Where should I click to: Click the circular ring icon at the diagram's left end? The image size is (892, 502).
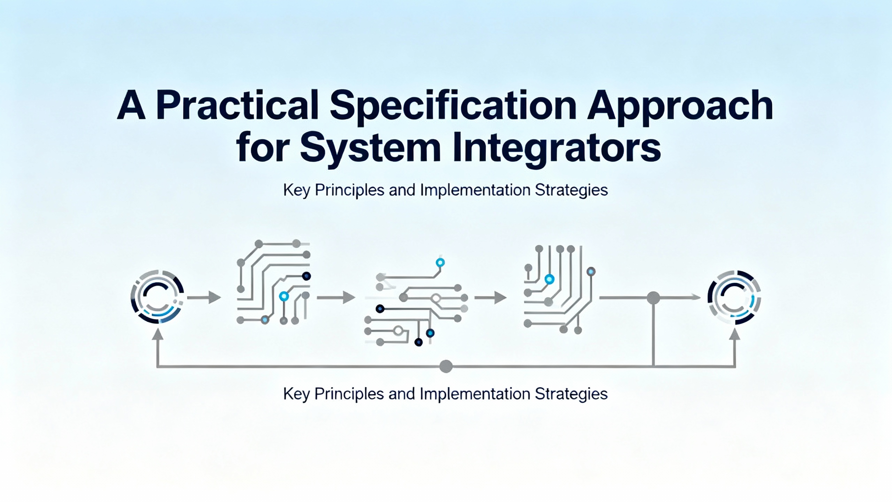[157, 297]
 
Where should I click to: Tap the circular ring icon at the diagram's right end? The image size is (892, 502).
[734, 297]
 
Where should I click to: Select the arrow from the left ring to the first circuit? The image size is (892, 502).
[204, 298]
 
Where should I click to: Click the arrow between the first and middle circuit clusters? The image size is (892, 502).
[336, 298]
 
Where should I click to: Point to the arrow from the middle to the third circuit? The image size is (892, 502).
[491, 298]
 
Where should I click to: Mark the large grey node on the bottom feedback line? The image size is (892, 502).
[446, 366]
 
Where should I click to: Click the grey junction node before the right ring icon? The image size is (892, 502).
[653, 298]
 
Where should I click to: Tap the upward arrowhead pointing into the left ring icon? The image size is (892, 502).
[158, 335]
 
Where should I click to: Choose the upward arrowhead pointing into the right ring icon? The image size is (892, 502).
[735, 335]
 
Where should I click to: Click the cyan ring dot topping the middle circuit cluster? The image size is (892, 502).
[440, 262]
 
